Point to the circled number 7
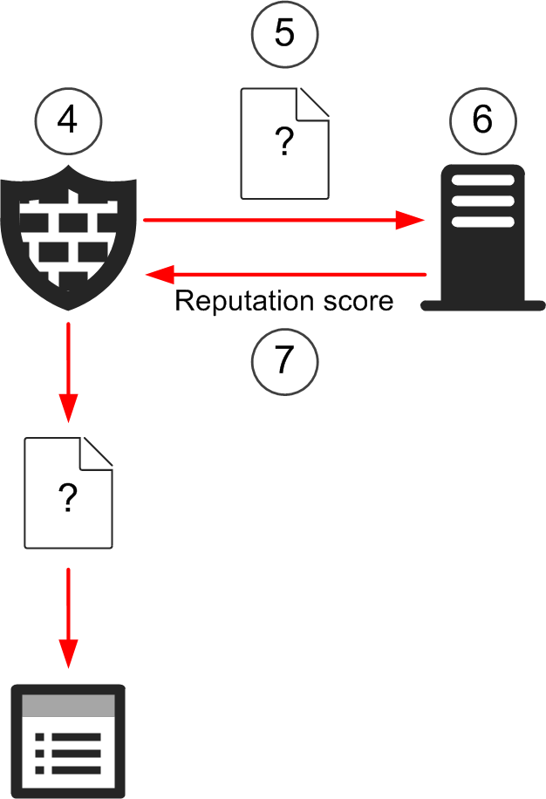284,360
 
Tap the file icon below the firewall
68,493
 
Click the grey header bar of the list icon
68,705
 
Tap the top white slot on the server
482,186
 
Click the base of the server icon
482,305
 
